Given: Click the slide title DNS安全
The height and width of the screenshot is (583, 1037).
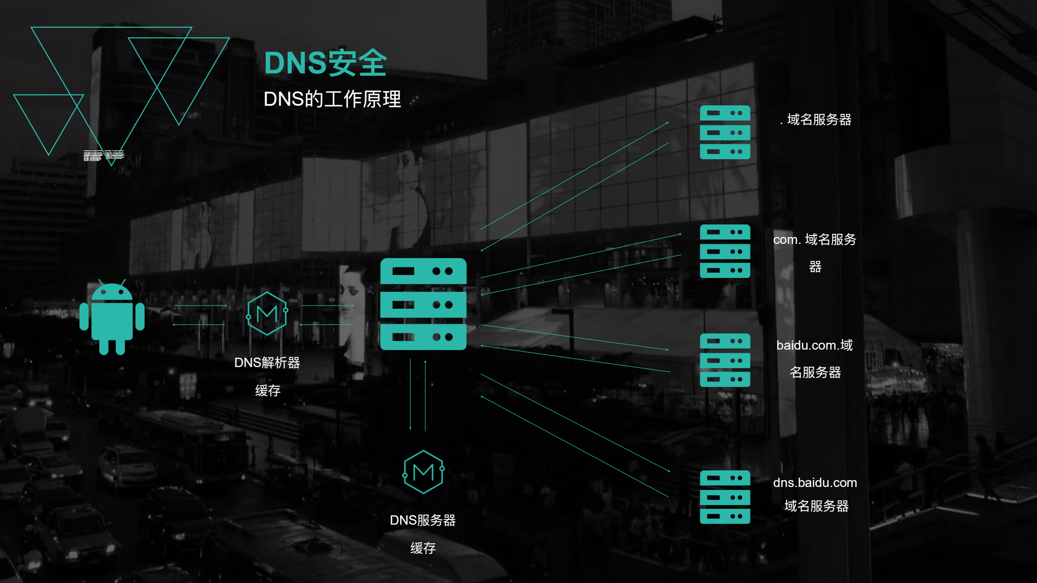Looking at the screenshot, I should coord(325,63).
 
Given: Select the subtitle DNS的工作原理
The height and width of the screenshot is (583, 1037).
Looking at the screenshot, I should coord(332,99).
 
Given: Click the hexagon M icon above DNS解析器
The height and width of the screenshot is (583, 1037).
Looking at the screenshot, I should coord(267,314).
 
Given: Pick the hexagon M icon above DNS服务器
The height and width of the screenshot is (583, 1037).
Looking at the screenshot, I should coord(423,472).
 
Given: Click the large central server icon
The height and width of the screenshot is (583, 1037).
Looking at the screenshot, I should coord(423,304).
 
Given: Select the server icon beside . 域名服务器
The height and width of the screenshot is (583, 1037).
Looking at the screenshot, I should coord(725,132).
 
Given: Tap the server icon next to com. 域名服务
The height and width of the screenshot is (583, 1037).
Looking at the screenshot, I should coord(725,251).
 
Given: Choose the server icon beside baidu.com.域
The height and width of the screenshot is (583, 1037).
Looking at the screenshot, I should coord(725,360).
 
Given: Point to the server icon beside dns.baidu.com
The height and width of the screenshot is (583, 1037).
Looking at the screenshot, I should coord(725,497).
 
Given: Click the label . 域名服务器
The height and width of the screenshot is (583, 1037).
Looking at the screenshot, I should coord(816,120).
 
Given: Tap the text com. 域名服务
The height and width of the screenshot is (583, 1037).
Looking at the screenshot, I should coord(815,240).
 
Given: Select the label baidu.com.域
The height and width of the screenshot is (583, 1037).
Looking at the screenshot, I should coord(815,345).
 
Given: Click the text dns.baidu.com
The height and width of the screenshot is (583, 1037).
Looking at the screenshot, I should coord(815,483).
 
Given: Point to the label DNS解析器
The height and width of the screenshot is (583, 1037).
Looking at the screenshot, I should coord(267,363).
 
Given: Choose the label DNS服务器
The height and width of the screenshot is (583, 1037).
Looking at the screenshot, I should coord(423,520).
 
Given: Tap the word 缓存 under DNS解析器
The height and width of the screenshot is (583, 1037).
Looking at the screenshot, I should coord(267,391).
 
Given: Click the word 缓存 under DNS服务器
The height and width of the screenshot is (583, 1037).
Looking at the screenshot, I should coord(423,548).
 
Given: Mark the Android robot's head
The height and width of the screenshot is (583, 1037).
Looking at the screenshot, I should coord(112,292).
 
